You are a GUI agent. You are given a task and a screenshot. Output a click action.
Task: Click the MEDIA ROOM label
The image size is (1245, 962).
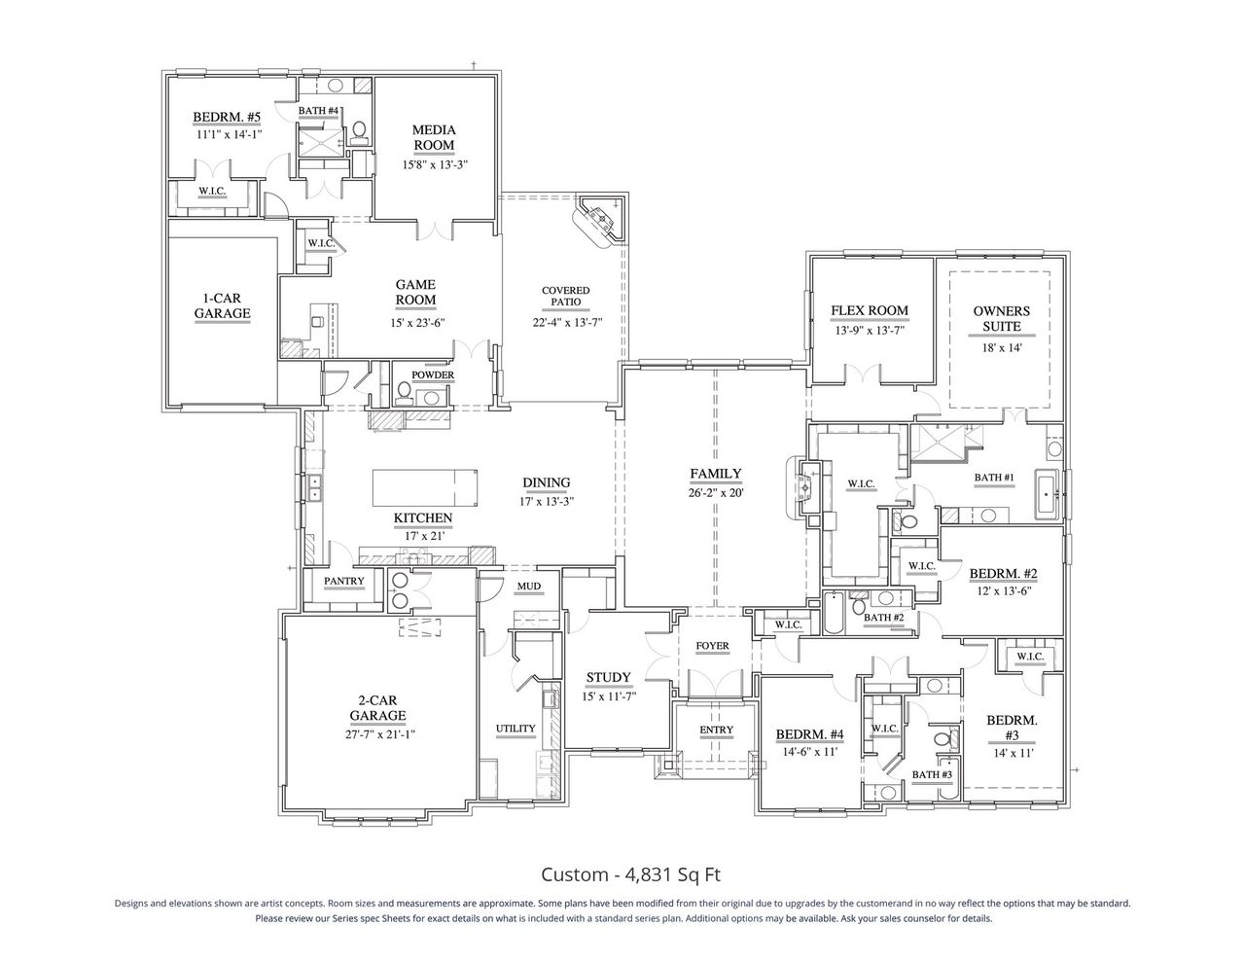tap(434, 137)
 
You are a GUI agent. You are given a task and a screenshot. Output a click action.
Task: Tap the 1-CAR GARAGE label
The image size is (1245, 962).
tap(222, 305)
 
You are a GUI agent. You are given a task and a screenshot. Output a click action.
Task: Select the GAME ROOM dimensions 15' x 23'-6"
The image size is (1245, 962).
tap(415, 322)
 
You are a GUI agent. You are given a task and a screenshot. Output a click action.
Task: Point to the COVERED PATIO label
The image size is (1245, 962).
tap(565, 298)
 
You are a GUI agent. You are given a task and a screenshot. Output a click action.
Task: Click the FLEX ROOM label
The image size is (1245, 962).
tap(869, 311)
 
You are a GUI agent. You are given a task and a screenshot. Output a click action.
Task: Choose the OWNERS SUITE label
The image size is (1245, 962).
tap(1001, 319)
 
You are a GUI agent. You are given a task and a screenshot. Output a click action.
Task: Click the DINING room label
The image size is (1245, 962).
tap(546, 482)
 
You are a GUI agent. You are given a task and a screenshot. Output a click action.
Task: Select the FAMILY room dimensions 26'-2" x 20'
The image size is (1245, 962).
tap(716, 492)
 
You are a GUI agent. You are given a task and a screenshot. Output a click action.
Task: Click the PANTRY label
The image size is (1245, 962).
tap(344, 582)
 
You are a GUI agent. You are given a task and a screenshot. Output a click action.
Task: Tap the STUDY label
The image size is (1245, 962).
tap(608, 678)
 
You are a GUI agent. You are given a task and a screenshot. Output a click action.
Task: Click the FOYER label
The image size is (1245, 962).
tap(712, 646)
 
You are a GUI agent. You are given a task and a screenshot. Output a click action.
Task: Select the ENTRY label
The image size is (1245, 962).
tap(716, 730)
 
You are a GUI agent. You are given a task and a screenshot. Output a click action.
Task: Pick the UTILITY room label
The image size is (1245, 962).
tap(516, 728)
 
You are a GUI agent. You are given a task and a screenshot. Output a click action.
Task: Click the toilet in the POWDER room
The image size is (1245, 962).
tap(404, 391)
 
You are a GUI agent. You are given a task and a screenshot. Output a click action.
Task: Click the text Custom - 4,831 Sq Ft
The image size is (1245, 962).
tap(630, 873)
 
